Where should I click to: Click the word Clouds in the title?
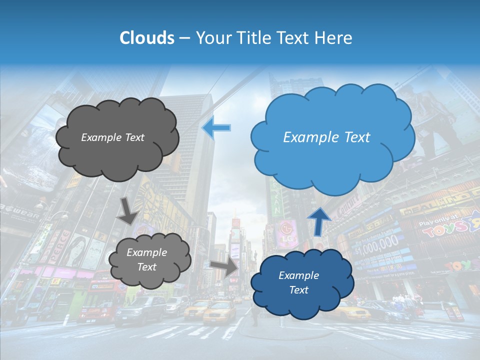tap(147, 38)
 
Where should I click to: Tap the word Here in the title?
tap(334, 38)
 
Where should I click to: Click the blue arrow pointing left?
tap(216, 128)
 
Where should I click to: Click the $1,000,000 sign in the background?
tap(377, 243)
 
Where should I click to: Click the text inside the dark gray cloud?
tap(112, 137)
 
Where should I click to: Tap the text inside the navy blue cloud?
tap(298, 282)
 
